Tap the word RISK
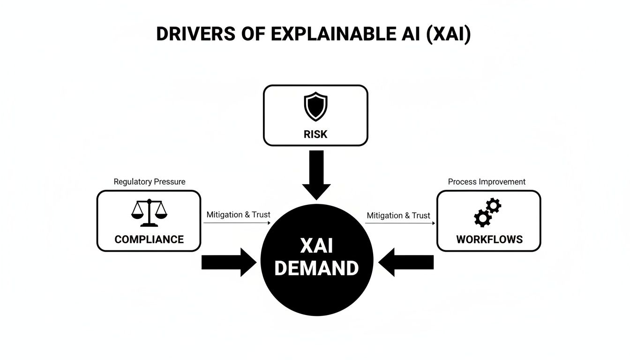(315, 134)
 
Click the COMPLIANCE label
(149, 240)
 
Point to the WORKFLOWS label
(489, 240)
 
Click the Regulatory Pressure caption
(150, 182)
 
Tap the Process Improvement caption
(487, 182)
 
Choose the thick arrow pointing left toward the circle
(406, 262)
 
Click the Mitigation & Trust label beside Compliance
(238, 215)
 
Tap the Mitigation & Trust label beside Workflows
(398, 216)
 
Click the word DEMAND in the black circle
(316, 269)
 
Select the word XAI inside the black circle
(316, 246)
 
